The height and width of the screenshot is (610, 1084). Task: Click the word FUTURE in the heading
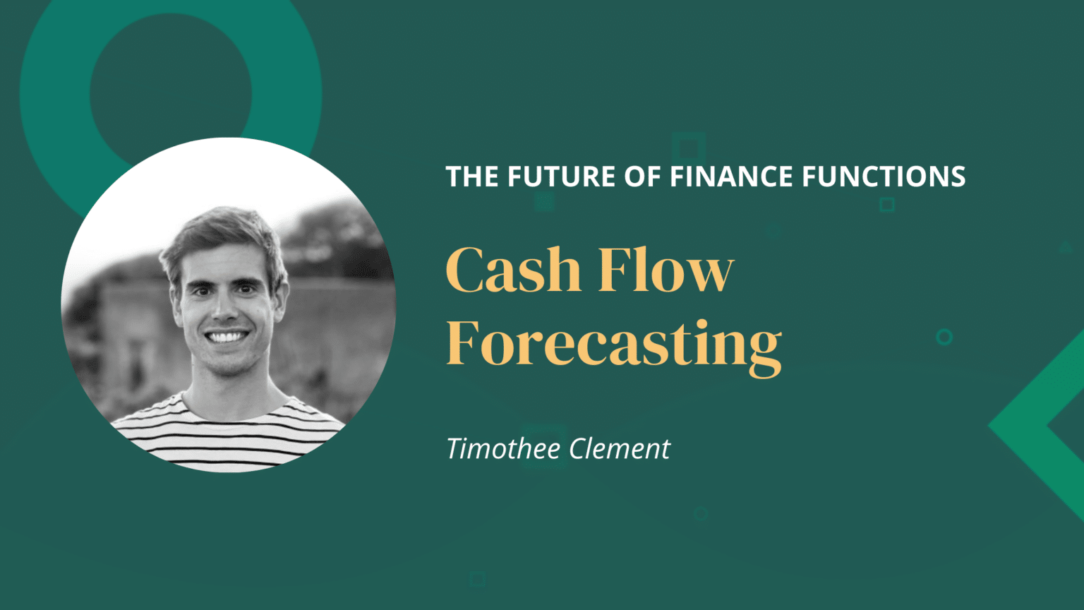[x=561, y=177]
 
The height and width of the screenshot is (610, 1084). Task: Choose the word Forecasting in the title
[x=613, y=344]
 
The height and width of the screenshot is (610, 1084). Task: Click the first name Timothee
[x=503, y=449]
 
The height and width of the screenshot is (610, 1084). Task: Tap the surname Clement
[x=619, y=449]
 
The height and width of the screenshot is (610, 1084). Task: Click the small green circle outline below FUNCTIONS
[x=944, y=337]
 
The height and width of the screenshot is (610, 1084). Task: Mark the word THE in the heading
[x=472, y=177]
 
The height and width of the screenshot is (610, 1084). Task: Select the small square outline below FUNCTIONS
[x=887, y=205]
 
